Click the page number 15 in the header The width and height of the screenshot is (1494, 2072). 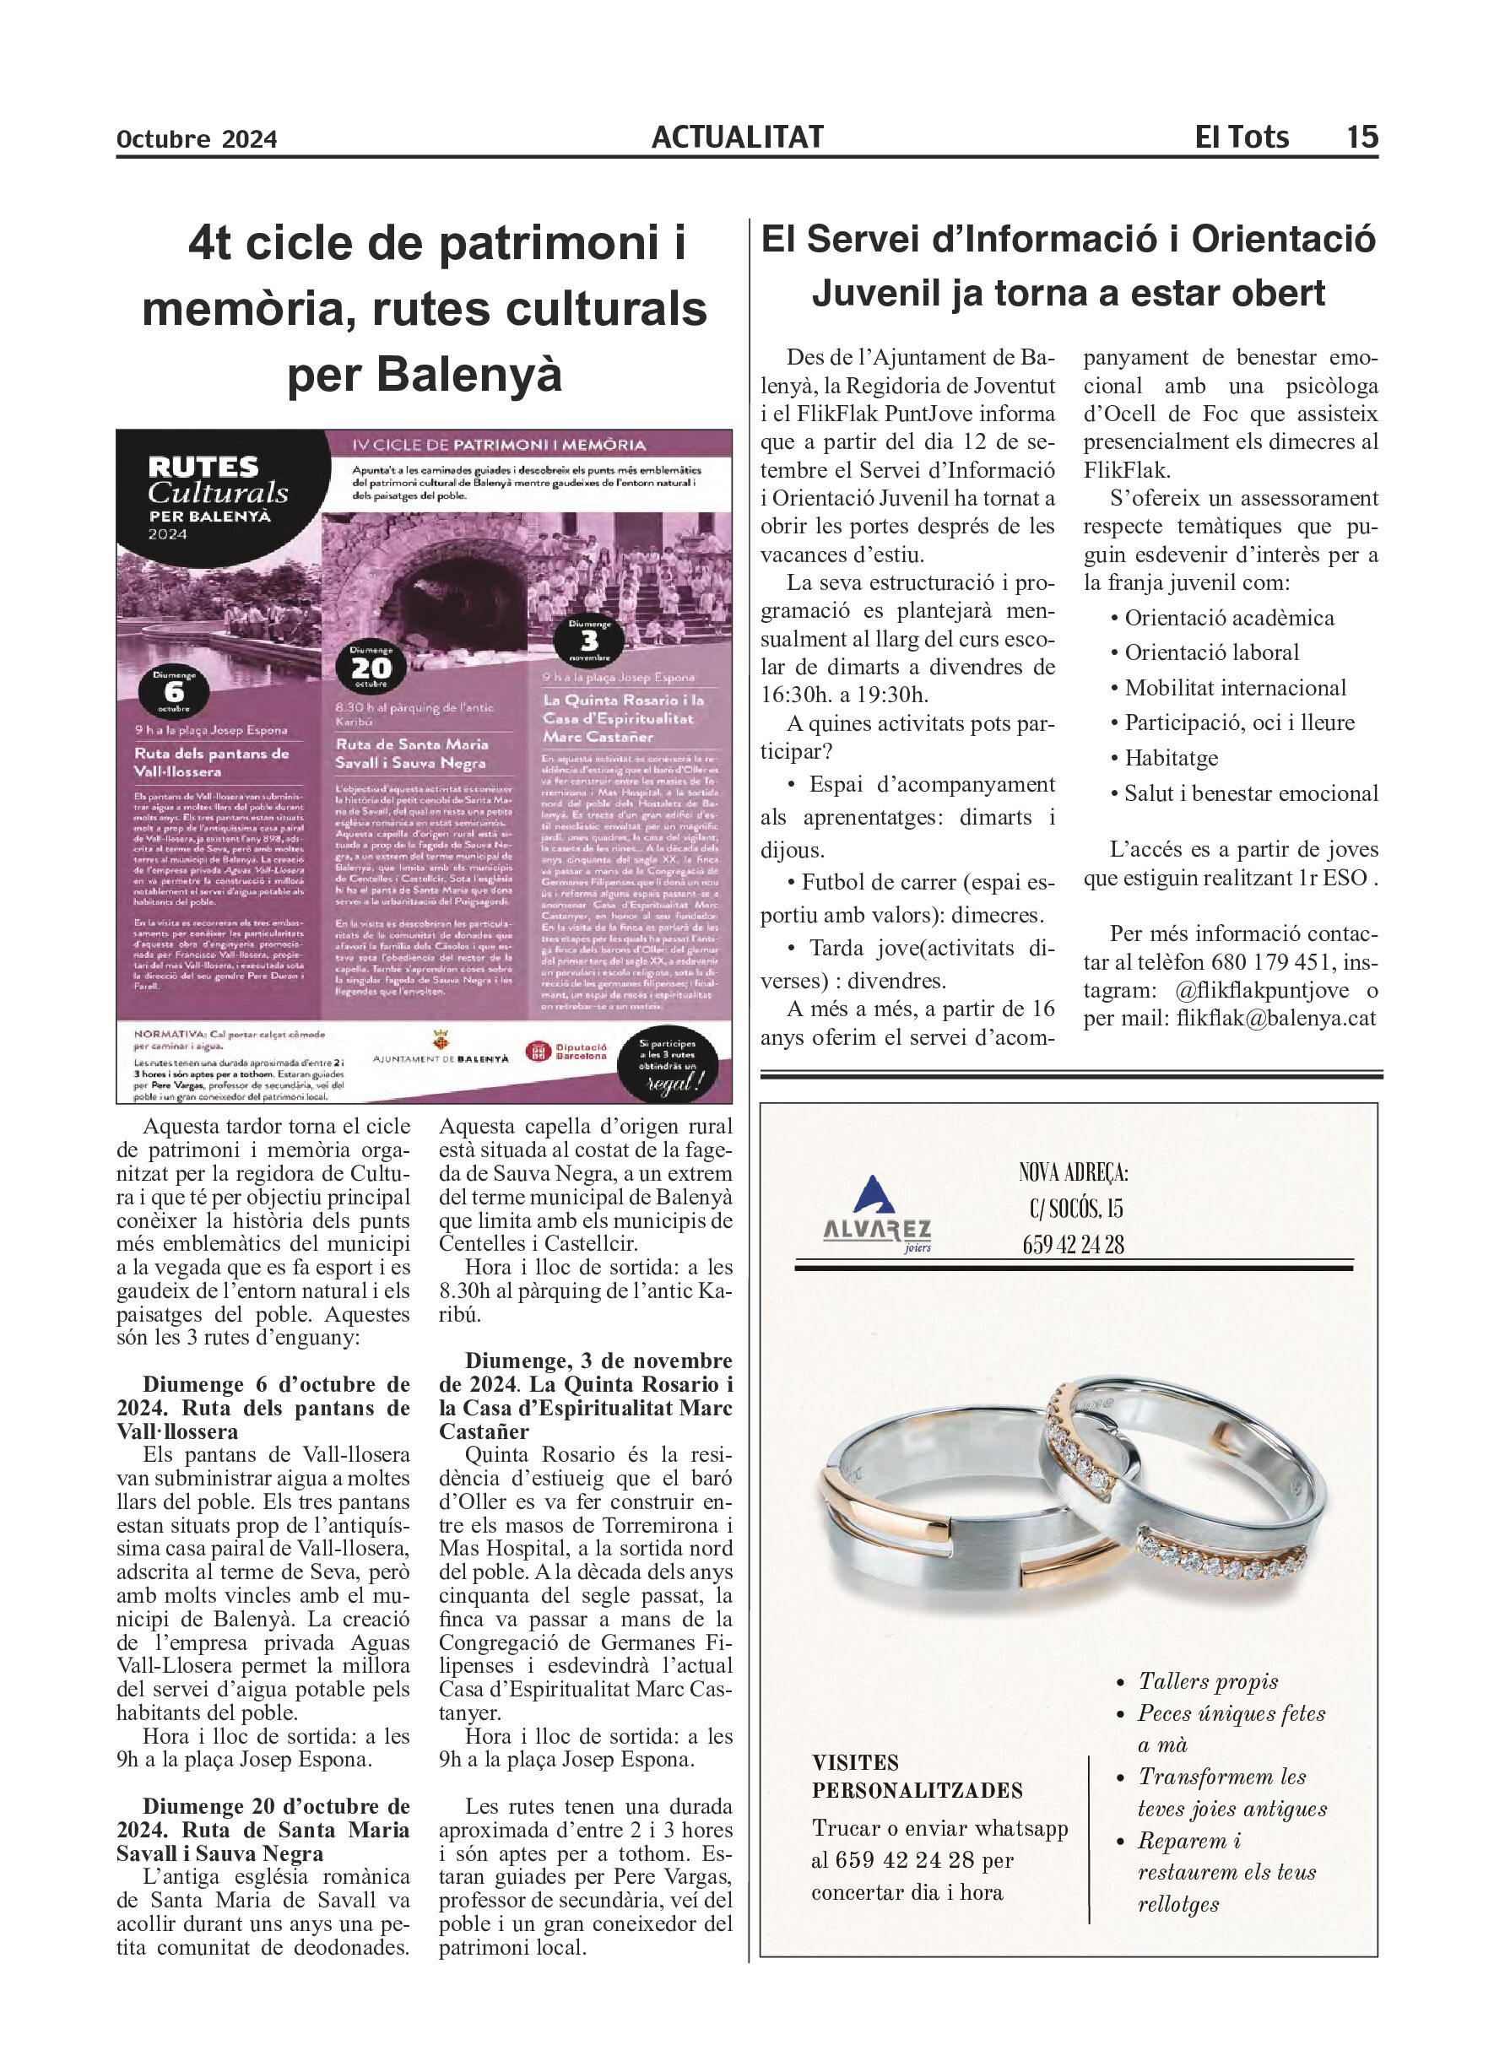point(1361,137)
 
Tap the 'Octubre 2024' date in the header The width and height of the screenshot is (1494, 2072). point(197,140)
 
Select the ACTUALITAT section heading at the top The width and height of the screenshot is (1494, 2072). point(738,137)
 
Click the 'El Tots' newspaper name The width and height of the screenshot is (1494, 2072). point(1242,137)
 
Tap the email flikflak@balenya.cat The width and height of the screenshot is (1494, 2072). point(1275,1018)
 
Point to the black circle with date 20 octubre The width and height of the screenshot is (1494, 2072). point(372,668)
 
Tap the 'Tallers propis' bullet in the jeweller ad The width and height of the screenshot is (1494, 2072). point(1208,1681)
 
